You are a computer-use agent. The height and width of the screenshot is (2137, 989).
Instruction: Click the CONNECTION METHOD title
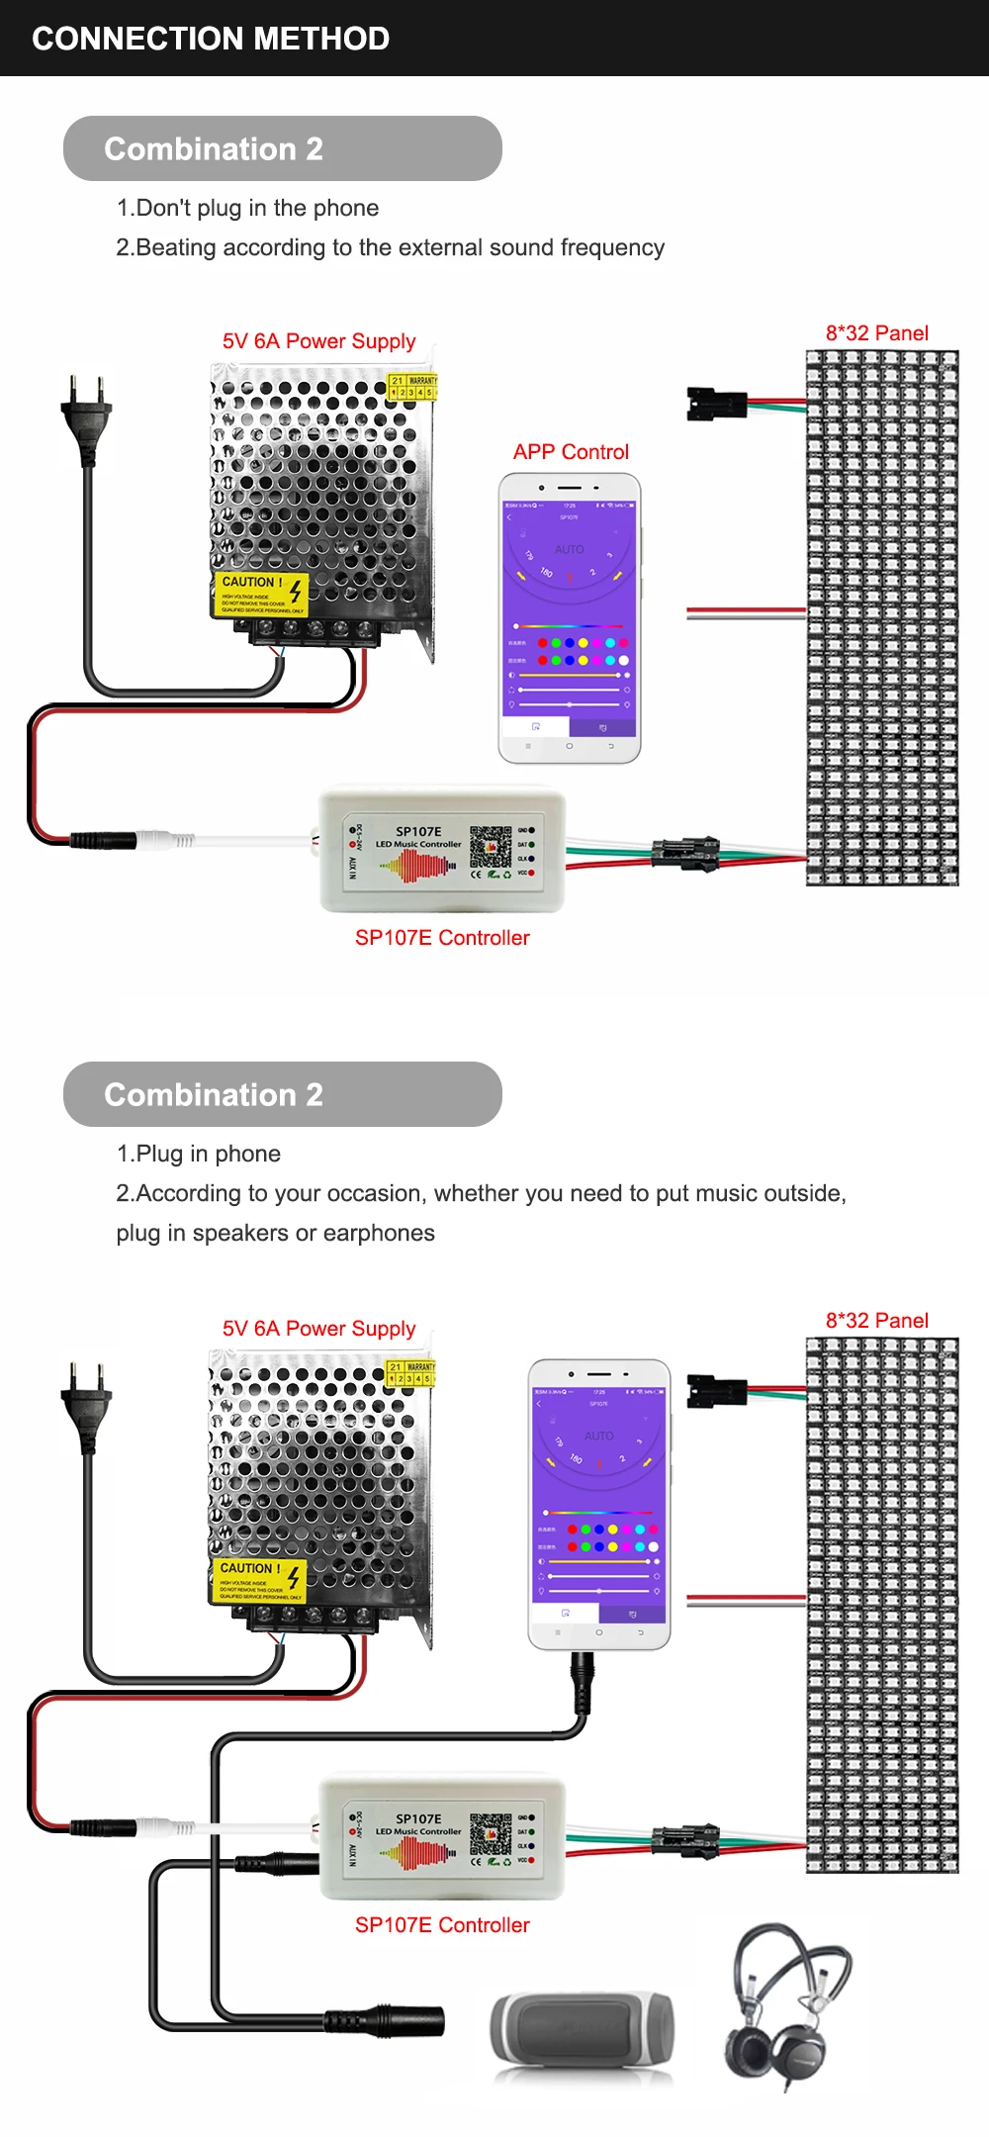click(211, 39)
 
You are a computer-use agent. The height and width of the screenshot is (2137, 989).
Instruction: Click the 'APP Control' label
click(571, 452)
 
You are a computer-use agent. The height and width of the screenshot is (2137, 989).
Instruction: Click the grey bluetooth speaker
click(583, 2032)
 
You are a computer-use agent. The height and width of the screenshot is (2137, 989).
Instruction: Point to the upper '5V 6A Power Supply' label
click(318, 341)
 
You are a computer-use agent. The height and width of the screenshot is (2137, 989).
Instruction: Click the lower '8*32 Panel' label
click(876, 1321)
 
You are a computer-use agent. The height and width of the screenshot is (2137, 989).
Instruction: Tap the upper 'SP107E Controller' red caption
click(442, 938)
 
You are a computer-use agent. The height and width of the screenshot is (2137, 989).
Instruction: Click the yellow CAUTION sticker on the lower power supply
click(259, 1580)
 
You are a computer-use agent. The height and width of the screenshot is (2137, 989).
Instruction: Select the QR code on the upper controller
click(491, 846)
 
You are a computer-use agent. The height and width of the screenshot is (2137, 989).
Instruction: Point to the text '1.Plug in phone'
click(199, 1154)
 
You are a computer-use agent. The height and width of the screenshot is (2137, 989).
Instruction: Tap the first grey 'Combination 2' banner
click(282, 148)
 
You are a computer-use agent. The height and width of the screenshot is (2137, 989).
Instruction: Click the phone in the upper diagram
click(570, 618)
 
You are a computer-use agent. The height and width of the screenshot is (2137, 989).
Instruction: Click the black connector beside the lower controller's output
click(684, 1840)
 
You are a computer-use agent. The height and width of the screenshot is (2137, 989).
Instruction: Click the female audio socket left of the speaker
click(386, 2020)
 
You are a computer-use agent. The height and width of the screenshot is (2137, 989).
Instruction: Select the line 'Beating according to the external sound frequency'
click(391, 247)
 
